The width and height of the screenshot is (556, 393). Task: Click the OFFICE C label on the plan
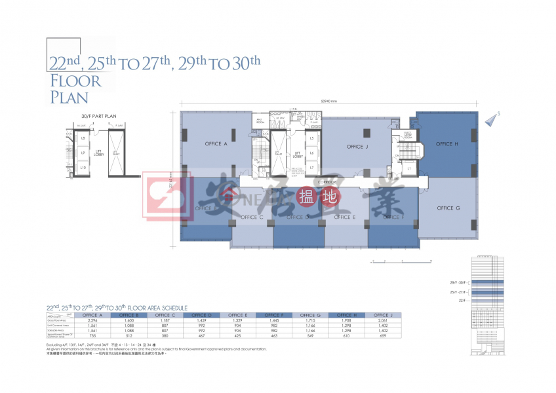click(x=252, y=217)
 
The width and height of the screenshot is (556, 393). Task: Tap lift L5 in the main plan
click(x=312, y=139)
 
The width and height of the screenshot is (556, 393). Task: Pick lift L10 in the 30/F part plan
click(x=83, y=168)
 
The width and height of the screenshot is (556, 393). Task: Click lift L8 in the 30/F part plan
click(x=83, y=139)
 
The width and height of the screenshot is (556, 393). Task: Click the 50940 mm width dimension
click(x=329, y=100)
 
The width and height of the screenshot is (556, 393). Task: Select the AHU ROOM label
click(x=259, y=122)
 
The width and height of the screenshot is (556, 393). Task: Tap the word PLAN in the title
click(x=69, y=98)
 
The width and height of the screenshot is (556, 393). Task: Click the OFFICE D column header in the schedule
click(x=201, y=315)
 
